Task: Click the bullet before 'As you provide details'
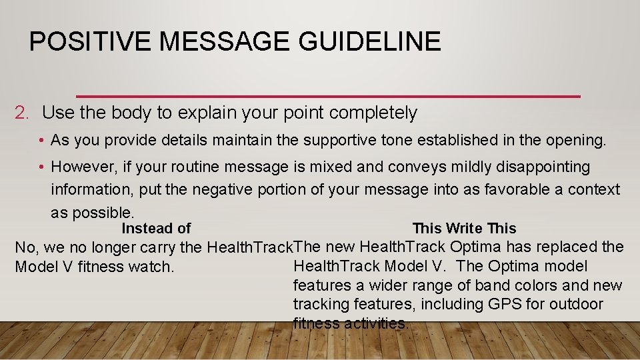tap(41, 141)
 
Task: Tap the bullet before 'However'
tap(41, 167)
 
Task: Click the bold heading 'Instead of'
tap(156, 229)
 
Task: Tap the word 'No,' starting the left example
tap(26, 248)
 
